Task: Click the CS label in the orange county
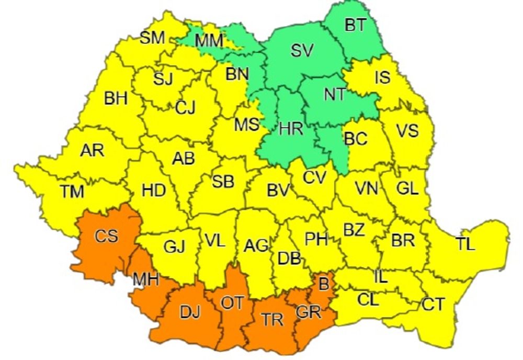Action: tap(106, 236)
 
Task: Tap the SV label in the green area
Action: tap(302, 50)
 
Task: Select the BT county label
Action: tap(355, 25)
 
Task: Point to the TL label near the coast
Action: tap(465, 244)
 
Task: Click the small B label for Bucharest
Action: tap(324, 285)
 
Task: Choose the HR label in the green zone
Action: tap(291, 129)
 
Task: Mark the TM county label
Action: tap(72, 192)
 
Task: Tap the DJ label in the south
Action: tap(190, 312)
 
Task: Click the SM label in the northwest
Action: tap(152, 38)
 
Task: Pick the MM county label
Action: tap(209, 40)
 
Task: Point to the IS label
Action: tap(383, 77)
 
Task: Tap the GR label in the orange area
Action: tap(308, 312)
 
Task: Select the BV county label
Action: tap(278, 191)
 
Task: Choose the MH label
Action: tap(145, 280)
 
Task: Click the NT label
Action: tap(334, 94)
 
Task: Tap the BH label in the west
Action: tap(116, 98)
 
